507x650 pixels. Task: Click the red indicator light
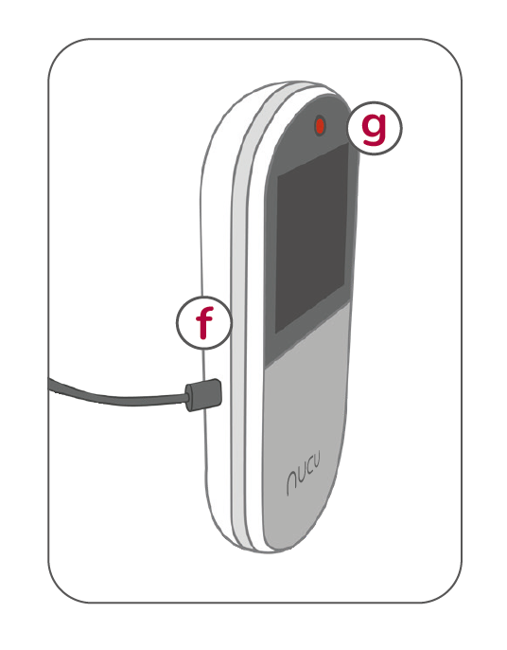click(x=320, y=126)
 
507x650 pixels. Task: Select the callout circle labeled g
click(x=375, y=128)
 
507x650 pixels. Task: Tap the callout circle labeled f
click(x=203, y=322)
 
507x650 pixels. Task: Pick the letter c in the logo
click(x=308, y=469)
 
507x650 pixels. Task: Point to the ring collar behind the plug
click(x=190, y=398)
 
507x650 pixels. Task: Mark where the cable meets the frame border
click(x=49, y=385)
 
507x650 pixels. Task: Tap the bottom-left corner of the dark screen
click(x=275, y=334)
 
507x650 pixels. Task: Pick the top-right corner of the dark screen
click(x=348, y=144)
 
